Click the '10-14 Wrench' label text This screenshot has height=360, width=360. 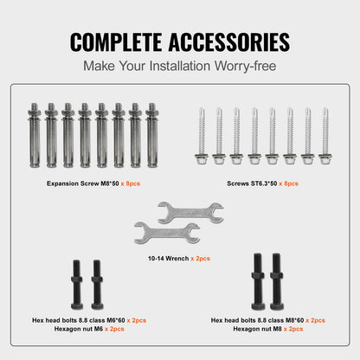click(x=163, y=258)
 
